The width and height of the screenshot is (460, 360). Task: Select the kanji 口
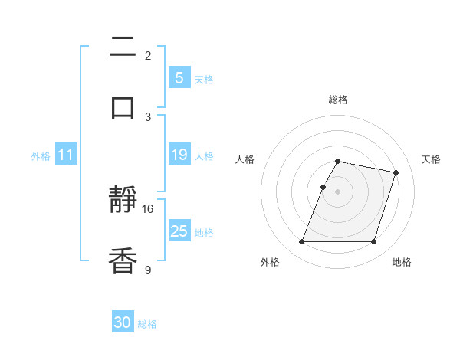123,107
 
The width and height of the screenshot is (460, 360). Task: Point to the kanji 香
123,260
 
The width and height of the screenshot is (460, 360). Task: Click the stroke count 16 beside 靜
148,208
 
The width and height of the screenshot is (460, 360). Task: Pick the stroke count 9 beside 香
148,269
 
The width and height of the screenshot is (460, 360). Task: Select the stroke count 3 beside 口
148,116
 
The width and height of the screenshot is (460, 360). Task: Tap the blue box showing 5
179,77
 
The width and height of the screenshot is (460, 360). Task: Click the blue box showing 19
179,155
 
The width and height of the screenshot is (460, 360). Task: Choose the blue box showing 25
179,231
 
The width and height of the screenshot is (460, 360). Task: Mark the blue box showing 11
65,155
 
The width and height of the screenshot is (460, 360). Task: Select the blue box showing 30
123,322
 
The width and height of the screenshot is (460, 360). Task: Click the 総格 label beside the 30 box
147,324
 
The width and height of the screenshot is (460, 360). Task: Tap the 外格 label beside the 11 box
41,155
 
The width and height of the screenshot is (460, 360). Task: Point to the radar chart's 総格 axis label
337,100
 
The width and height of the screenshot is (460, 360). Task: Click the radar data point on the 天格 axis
396,173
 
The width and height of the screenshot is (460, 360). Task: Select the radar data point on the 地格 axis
373,242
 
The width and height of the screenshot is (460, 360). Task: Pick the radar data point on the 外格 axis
302,242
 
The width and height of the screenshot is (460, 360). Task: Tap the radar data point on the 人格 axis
323,187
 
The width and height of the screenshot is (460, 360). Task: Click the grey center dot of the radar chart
337,191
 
